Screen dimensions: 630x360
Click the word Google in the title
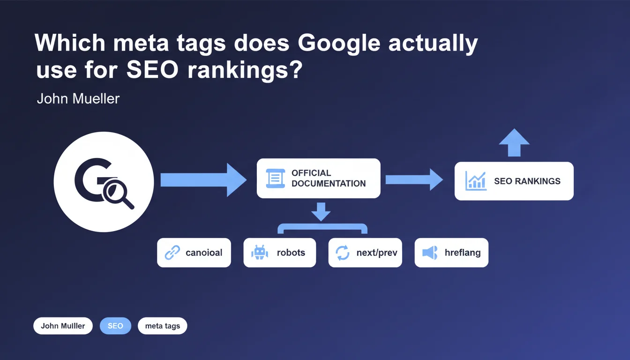point(339,44)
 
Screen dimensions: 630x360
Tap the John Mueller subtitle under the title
point(78,99)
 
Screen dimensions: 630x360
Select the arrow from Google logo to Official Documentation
point(203,180)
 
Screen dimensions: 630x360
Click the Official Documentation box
point(318,178)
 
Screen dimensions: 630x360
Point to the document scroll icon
point(275,178)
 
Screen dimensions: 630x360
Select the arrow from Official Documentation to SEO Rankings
point(414,180)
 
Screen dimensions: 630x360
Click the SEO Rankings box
point(514,181)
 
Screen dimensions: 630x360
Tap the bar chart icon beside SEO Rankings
point(476,181)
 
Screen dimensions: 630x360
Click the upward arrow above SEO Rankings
point(514,142)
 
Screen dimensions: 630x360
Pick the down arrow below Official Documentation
point(321,212)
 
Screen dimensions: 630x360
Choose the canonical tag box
point(194,253)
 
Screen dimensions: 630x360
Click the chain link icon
point(172,252)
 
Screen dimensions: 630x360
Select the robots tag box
point(279,253)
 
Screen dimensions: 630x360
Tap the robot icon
point(259,252)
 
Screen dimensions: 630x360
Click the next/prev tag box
point(365,253)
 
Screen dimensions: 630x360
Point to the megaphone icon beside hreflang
point(430,253)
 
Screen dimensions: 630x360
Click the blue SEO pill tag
point(115,326)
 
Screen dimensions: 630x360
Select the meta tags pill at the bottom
point(162,326)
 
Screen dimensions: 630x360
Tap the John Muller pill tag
point(63,326)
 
